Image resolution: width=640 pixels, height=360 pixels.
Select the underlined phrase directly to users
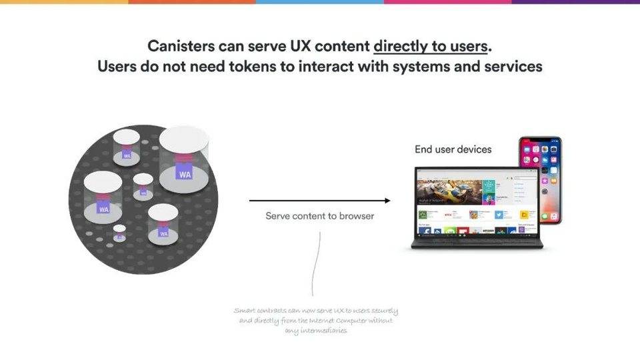pos(431,46)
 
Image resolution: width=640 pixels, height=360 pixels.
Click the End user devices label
pos(453,149)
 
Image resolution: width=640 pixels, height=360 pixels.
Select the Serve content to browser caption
pos(319,216)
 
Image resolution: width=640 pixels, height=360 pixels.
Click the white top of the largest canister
pos(185,140)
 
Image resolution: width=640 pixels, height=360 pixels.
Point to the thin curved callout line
pos(316,267)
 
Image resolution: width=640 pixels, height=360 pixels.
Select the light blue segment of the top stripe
pos(320,2)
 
